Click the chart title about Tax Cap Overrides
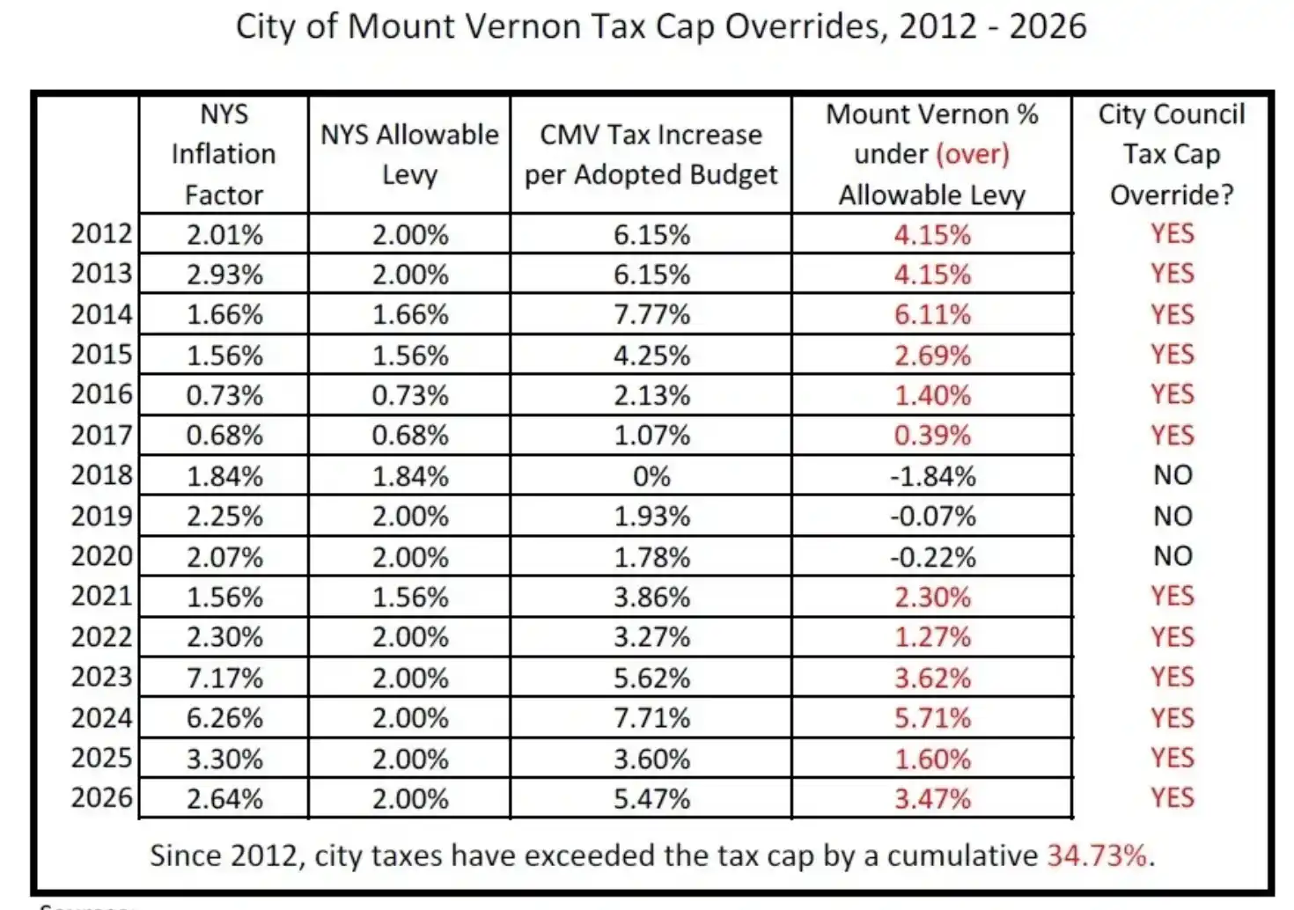tap(660, 26)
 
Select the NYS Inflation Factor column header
tap(224, 155)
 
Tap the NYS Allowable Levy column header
tap(409, 155)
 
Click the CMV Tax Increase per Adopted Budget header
tap(651, 155)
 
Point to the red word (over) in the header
tap(972, 154)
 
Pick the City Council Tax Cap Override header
tap(1172, 155)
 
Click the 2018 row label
tap(101, 475)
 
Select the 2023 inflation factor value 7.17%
tap(224, 678)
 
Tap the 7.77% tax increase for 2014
tap(651, 314)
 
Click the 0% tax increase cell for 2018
tap(651, 476)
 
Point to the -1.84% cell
tap(932, 476)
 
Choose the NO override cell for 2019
tap(1173, 516)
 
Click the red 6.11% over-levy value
tap(932, 314)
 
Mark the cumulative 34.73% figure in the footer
tap(1097, 855)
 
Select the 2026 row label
tap(101, 797)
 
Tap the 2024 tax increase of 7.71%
tap(651, 718)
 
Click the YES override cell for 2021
tap(1173, 597)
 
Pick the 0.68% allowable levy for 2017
tap(409, 436)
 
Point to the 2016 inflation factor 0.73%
tap(224, 395)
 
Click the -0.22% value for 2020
tap(932, 557)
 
